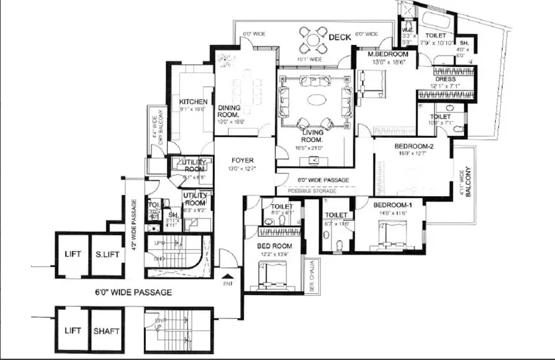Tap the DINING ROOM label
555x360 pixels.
pos(229,111)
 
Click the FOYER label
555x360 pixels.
pos(243,160)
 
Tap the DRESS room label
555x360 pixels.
pos(446,79)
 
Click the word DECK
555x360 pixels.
pos(339,39)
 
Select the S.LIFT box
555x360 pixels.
pos(105,255)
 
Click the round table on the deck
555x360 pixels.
pos(312,39)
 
